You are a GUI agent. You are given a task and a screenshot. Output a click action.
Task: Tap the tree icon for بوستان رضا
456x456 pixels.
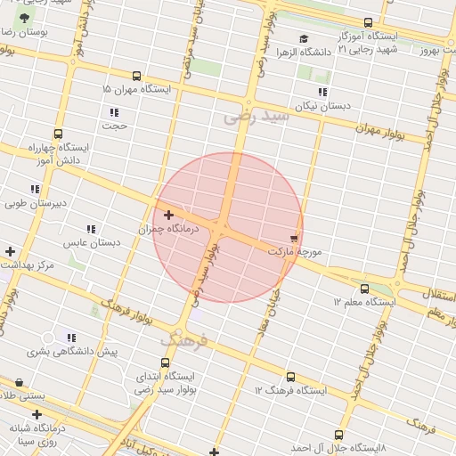coord(24,18)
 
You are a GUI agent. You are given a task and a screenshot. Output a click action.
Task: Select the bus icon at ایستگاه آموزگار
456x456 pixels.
coord(368,22)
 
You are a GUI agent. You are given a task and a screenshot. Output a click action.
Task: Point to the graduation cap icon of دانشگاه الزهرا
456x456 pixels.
coord(304,38)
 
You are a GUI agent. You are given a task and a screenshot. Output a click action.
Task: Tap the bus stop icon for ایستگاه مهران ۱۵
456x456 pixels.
coord(136,77)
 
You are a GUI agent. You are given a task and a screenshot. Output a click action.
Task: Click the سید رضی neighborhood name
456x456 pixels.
coord(256,116)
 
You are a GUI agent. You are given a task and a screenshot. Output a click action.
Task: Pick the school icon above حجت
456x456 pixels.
coord(114,112)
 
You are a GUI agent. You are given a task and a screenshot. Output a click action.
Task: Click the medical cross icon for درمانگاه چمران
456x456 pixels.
coord(168,215)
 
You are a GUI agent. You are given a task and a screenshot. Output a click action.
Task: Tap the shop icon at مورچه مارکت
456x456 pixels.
coord(294,239)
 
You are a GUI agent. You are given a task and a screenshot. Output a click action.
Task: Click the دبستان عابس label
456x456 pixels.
coord(91,242)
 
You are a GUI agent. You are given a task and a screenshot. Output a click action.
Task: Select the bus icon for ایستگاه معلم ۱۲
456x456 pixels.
coord(364,289)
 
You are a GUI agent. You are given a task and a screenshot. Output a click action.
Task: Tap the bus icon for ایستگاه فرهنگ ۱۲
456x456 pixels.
coord(290,377)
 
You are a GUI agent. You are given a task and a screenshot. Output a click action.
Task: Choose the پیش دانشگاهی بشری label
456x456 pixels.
coord(71,352)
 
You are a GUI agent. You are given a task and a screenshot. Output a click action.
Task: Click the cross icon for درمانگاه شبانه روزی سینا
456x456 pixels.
coord(37,414)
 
